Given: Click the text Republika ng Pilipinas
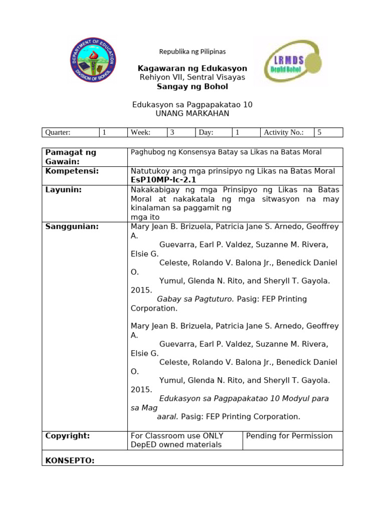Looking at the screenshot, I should [192, 52].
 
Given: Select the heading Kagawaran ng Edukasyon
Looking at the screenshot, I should [192, 68].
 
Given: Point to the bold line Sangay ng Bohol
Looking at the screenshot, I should [192, 87].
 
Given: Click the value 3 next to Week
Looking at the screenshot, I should [172, 132].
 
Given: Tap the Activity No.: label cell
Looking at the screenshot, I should [284, 132].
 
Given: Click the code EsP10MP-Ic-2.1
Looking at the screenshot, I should [163, 180].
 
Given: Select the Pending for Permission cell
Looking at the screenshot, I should [289, 436].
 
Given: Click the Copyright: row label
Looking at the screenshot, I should [68, 436].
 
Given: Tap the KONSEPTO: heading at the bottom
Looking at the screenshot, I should [70, 460].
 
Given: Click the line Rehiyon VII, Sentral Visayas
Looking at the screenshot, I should [192, 77].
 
